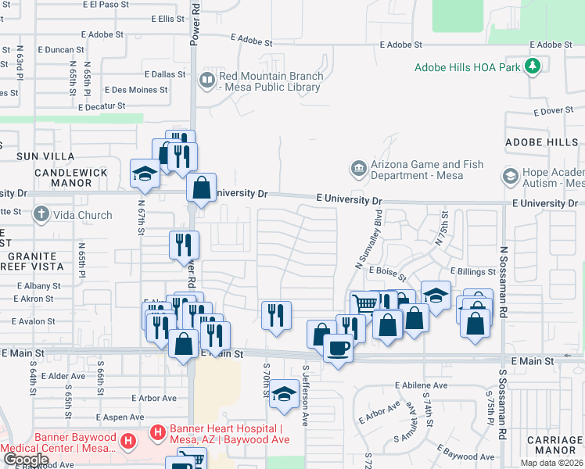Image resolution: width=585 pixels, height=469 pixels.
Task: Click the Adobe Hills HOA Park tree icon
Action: point(532,66)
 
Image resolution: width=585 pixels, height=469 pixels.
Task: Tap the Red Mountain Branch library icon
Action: point(207,79)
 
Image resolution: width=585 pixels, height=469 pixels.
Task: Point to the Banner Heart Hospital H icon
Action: point(156,431)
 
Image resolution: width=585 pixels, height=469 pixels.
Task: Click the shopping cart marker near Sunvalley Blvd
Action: point(364,303)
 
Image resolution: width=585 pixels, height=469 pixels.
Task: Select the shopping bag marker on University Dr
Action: point(202,188)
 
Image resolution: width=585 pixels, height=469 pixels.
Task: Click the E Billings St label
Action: point(472,271)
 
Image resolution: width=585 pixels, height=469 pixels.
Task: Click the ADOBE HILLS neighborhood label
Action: point(541,142)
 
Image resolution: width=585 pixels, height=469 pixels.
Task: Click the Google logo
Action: point(26,460)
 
